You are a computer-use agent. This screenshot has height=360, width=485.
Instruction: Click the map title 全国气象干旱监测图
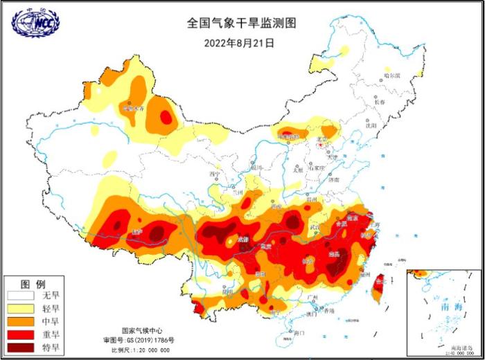(241, 23)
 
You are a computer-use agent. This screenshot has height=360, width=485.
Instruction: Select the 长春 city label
(380, 102)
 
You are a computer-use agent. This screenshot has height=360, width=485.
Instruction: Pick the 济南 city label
(334, 179)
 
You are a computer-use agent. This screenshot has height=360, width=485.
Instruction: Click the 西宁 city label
(214, 174)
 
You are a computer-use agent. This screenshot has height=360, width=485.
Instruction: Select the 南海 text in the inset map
(441, 305)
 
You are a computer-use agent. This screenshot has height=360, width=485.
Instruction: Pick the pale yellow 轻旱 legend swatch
(20, 309)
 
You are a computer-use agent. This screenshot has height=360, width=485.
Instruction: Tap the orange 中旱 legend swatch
(20, 322)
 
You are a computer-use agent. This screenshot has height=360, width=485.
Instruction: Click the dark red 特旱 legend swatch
(20, 348)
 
